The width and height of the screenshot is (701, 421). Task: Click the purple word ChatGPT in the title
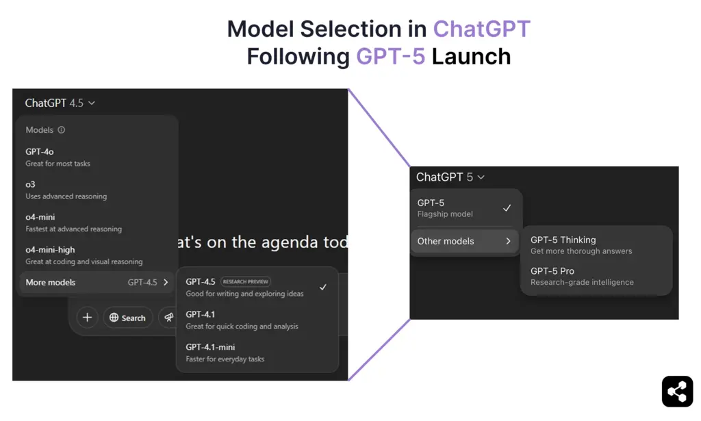tap(481, 29)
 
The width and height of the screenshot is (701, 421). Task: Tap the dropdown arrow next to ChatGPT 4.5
tap(92, 103)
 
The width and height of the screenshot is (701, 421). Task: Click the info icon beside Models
tap(62, 130)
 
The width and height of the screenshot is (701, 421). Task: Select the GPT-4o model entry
tap(40, 151)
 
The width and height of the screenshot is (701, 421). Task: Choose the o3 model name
tap(31, 184)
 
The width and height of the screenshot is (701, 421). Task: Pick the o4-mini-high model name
tap(50, 250)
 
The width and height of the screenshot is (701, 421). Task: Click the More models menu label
tap(51, 282)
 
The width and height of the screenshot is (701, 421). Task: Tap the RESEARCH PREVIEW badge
tap(246, 281)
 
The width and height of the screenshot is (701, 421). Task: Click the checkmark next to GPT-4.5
tap(323, 287)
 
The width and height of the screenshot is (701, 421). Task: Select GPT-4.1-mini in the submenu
tap(210, 347)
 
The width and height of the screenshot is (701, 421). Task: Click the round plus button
tap(87, 318)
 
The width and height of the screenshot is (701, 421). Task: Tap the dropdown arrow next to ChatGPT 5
tap(481, 177)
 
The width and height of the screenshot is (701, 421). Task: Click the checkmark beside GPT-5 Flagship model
tap(507, 207)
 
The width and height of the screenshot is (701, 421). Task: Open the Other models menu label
tap(446, 241)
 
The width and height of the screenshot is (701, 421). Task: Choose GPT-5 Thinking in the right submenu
tap(563, 240)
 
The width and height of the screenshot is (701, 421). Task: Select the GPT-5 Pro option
tap(552, 271)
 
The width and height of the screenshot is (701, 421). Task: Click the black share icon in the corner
tap(677, 392)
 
